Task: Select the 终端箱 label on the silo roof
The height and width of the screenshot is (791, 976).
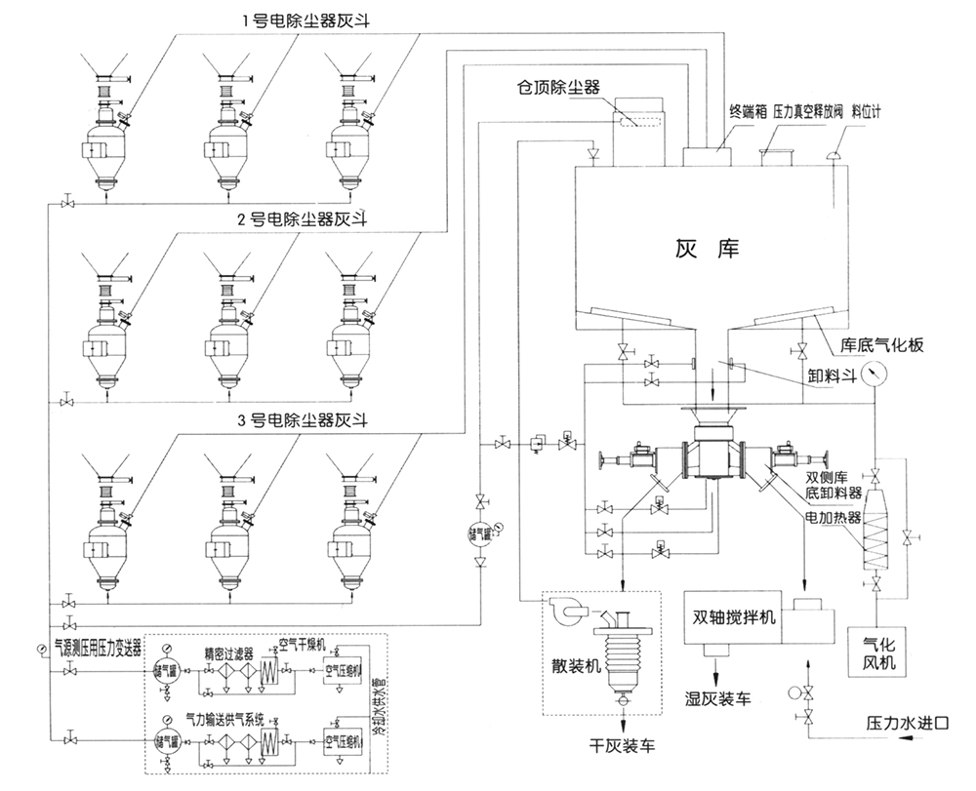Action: coord(747,112)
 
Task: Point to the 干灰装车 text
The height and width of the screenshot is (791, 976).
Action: coord(622,746)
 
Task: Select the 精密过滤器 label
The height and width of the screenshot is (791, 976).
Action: coord(229,653)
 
